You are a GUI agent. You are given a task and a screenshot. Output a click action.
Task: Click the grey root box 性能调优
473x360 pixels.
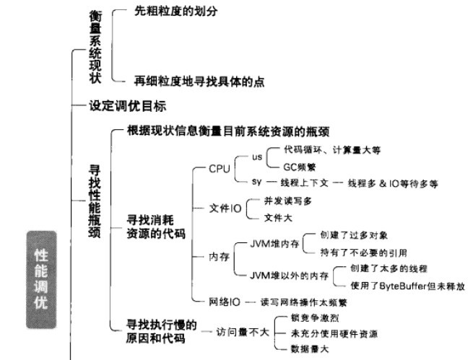pyautogui.click(x=41, y=280)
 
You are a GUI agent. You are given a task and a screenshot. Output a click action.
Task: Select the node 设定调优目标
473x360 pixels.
pyautogui.click(x=128, y=106)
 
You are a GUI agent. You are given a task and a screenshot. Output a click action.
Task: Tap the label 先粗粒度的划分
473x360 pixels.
pyautogui.click(x=176, y=11)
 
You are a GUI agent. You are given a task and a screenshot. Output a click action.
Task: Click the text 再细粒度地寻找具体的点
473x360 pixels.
pyautogui.click(x=199, y=82)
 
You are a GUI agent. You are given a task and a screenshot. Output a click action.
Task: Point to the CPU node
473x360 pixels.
pyautogui.click(x=220, y=169)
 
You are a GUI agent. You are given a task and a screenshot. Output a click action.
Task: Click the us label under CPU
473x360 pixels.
pyautogui.click(x=257, y=157)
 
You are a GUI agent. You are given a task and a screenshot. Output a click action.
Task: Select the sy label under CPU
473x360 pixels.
pyautogui.click(x=256, y=182)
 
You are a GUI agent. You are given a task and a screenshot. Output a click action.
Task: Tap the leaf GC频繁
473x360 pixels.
pyautogui.click(x=299, y=167)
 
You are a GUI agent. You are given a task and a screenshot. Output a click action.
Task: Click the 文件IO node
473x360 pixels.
pyautogui.click(x=225, y=208)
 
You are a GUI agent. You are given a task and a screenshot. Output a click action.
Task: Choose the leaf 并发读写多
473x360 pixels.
pyautogui.click(x=288, y=201)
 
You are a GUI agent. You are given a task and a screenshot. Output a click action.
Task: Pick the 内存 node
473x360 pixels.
pyautogui.click(x=220, y=257)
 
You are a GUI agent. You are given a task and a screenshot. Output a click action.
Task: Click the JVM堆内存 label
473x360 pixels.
pyautogui.click(x=274, y=244)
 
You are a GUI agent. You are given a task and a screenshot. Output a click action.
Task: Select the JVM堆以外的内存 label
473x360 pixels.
pyautogui.click(x=289, y=276)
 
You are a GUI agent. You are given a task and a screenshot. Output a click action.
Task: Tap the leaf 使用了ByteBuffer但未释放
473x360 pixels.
pyautogui.click(x=407, y=286)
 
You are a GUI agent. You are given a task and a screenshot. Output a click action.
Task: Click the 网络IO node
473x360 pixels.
pyautogui.click(x=225, y=302)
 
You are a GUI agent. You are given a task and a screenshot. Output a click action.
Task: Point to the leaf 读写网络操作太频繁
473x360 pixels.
pyautogui.click(x=304, y=302)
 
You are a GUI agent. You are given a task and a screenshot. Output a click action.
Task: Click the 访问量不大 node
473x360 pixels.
pyautogui.click(x=243, y=332)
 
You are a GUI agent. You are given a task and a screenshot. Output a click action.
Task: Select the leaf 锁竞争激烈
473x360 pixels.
pyautogui.click(x=315, y=318)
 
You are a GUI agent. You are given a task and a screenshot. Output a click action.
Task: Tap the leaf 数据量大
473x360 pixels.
pyautogui.click(x=310, y=349)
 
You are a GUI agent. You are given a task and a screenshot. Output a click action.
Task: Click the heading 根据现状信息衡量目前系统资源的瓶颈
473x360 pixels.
pyautogui.click(x=228, y=131)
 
